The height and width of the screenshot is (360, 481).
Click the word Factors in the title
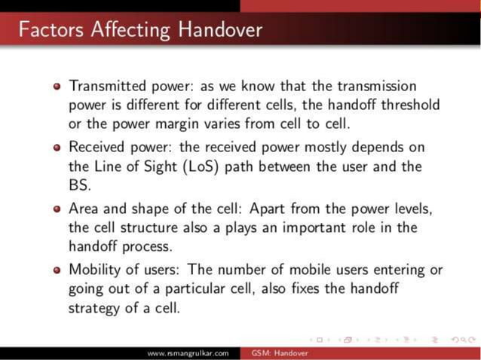coord(51,30)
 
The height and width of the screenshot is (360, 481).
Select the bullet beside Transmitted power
coord(57,87)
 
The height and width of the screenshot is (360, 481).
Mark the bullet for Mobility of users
coord(57,270)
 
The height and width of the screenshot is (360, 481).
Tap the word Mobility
coord(97,270)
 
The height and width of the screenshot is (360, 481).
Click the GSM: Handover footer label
coord(275,352)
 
